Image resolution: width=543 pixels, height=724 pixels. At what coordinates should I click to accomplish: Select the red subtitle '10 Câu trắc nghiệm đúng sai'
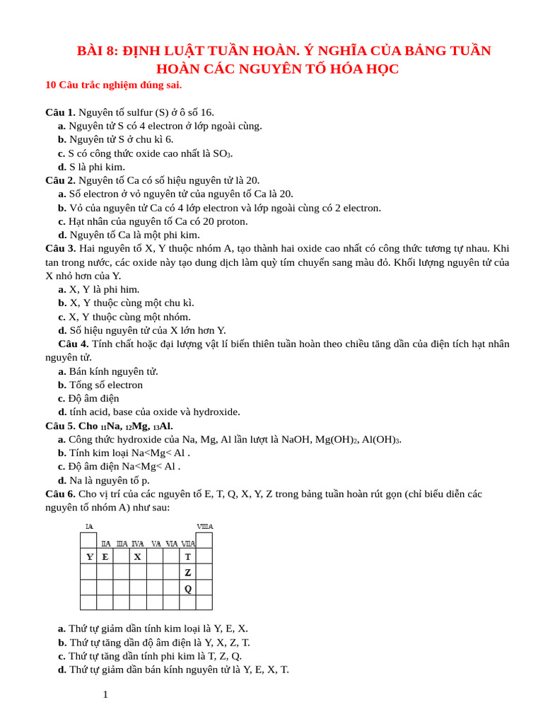coord(113,85)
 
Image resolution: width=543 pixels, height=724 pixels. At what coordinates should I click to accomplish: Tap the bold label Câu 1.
coord(60,112)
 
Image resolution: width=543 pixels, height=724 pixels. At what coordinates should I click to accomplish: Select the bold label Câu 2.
coord(60,180)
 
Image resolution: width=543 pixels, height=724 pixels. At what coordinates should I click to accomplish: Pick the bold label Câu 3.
coord(60,248)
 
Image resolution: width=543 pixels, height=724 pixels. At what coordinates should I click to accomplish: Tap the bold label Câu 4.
coord(73,344)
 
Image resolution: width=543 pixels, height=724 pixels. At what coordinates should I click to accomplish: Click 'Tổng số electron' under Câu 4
coord(105,385)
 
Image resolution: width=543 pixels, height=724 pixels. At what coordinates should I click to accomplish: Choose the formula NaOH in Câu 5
coord(297,439)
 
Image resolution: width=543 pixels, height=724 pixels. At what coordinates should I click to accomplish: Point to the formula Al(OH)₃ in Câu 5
coord(382,439)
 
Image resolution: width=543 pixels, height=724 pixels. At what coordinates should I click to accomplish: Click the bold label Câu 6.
coord(60,494)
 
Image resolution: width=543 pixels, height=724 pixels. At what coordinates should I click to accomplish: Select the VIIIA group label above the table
coord(204,527)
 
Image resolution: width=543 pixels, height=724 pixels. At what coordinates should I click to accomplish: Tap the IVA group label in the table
coord(138,544)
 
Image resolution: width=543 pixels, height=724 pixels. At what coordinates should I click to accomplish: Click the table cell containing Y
coord(89,556)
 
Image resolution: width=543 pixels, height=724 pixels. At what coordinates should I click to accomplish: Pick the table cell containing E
coord(105,556)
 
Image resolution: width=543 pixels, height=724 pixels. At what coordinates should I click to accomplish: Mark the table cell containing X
coord(137,556)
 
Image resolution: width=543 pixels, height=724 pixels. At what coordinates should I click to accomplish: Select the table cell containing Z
coord(187,572)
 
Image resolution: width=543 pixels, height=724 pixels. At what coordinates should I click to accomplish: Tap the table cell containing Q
coord(187,588)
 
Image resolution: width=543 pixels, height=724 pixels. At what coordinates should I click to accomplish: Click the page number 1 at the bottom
coord(105,694)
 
